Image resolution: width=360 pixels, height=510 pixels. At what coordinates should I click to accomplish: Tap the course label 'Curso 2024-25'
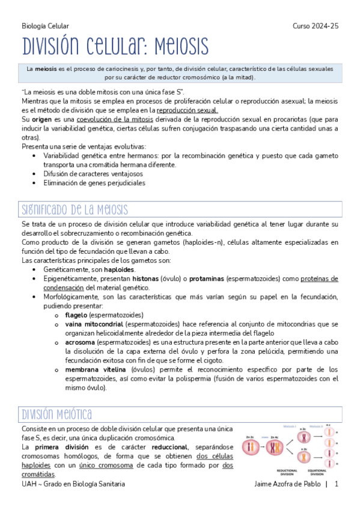[316, 26]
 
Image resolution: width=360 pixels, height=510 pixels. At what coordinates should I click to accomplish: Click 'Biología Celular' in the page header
[45, 26]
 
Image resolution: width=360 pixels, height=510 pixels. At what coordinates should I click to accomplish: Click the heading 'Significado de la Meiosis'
[75, 210]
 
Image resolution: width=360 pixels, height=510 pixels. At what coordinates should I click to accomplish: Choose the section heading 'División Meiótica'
[56, 414]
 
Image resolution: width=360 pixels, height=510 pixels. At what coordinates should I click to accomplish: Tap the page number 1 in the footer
[337, 484]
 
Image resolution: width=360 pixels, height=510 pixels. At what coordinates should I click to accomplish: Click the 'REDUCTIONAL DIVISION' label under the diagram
[285, 473]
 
